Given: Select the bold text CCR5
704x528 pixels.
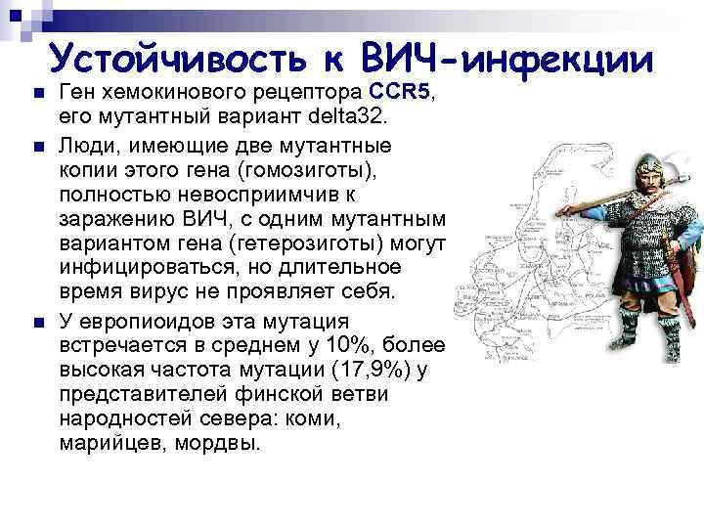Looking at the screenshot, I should pyautogui.click(x=398, y=94).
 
